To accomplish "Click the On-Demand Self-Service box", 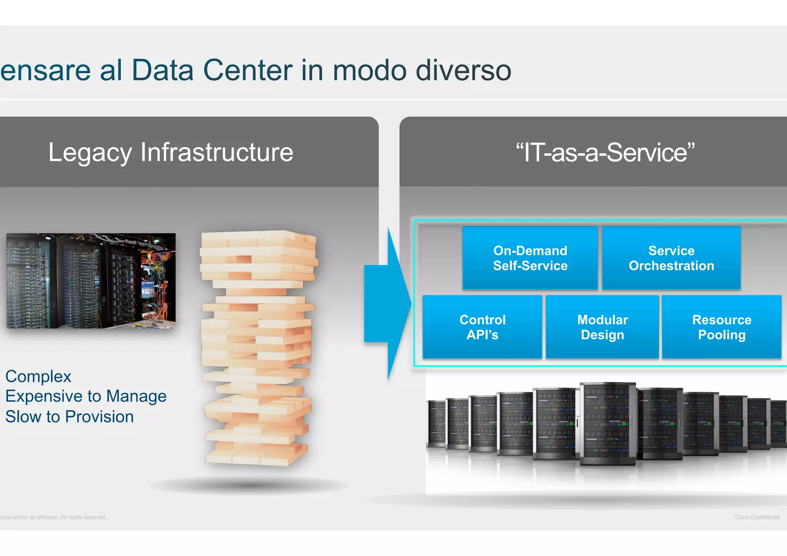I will [530, 258].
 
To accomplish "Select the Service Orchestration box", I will [671, 258].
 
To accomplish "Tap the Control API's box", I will [482, 327].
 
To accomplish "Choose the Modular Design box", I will [602, 327].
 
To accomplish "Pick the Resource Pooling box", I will [721, 327].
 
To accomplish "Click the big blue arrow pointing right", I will [386, 304].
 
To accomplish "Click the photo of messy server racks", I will [91, 281].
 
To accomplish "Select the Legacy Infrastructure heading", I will [171, 153].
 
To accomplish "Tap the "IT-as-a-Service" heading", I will [605, 153].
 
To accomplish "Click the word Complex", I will [38, 377].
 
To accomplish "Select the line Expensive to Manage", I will [86, 396].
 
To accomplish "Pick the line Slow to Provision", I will [70, 417].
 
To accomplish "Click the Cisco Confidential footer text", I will [757, 517].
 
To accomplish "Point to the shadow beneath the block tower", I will [250, 485].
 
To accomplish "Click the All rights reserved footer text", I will [83, 517].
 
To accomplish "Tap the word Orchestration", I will [671, 266].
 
